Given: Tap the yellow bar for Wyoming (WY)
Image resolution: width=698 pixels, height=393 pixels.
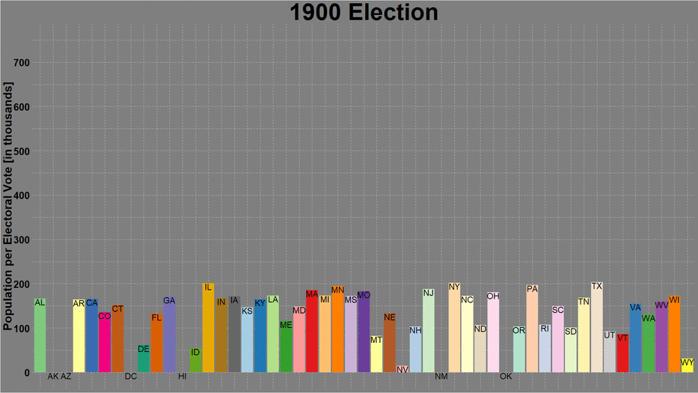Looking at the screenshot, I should point(688,365).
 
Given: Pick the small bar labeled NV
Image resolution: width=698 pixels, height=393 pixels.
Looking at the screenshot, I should point(402,369).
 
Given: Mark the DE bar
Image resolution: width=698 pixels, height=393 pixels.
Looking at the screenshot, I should point(144,359).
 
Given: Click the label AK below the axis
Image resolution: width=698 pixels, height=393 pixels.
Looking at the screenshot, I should point(53,377).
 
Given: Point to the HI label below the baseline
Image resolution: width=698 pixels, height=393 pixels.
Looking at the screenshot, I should point(183,377).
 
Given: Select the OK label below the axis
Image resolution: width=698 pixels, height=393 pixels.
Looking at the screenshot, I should point(506,377).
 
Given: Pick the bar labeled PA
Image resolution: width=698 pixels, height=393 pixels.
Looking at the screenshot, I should point(532,329).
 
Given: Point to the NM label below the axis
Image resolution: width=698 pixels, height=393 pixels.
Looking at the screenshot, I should point(441,377).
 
